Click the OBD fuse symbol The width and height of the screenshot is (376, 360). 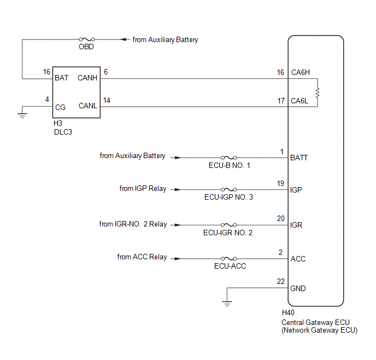point(87,39)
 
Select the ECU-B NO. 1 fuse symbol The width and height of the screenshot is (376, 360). point(229,158)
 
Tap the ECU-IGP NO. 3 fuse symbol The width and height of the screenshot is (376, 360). point(229,189)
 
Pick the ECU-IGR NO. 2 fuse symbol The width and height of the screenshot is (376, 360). point(229,225)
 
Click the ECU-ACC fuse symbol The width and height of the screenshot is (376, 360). point(229,258)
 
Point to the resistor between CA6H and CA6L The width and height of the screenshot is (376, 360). point(318,92)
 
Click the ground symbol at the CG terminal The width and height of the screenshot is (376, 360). point(22,115)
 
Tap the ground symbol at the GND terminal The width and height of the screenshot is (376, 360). point(227,303)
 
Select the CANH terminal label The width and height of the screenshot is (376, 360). point(87,78)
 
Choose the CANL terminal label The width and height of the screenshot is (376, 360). point(88,106)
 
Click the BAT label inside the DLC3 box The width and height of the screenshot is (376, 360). point(61,78)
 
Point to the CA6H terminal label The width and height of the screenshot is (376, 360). point(301,72)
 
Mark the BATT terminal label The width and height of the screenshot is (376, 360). point(299,158)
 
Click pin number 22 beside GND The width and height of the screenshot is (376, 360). point(281,281)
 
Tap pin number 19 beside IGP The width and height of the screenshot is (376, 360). point(280,183)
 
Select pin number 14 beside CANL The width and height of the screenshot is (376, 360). point(107,100)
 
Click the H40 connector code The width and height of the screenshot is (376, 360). point(288,312)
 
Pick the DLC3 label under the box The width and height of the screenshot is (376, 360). point(63,132)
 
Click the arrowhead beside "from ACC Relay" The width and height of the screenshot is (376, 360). point(178,258)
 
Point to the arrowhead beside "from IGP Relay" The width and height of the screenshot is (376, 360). point(178,189)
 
